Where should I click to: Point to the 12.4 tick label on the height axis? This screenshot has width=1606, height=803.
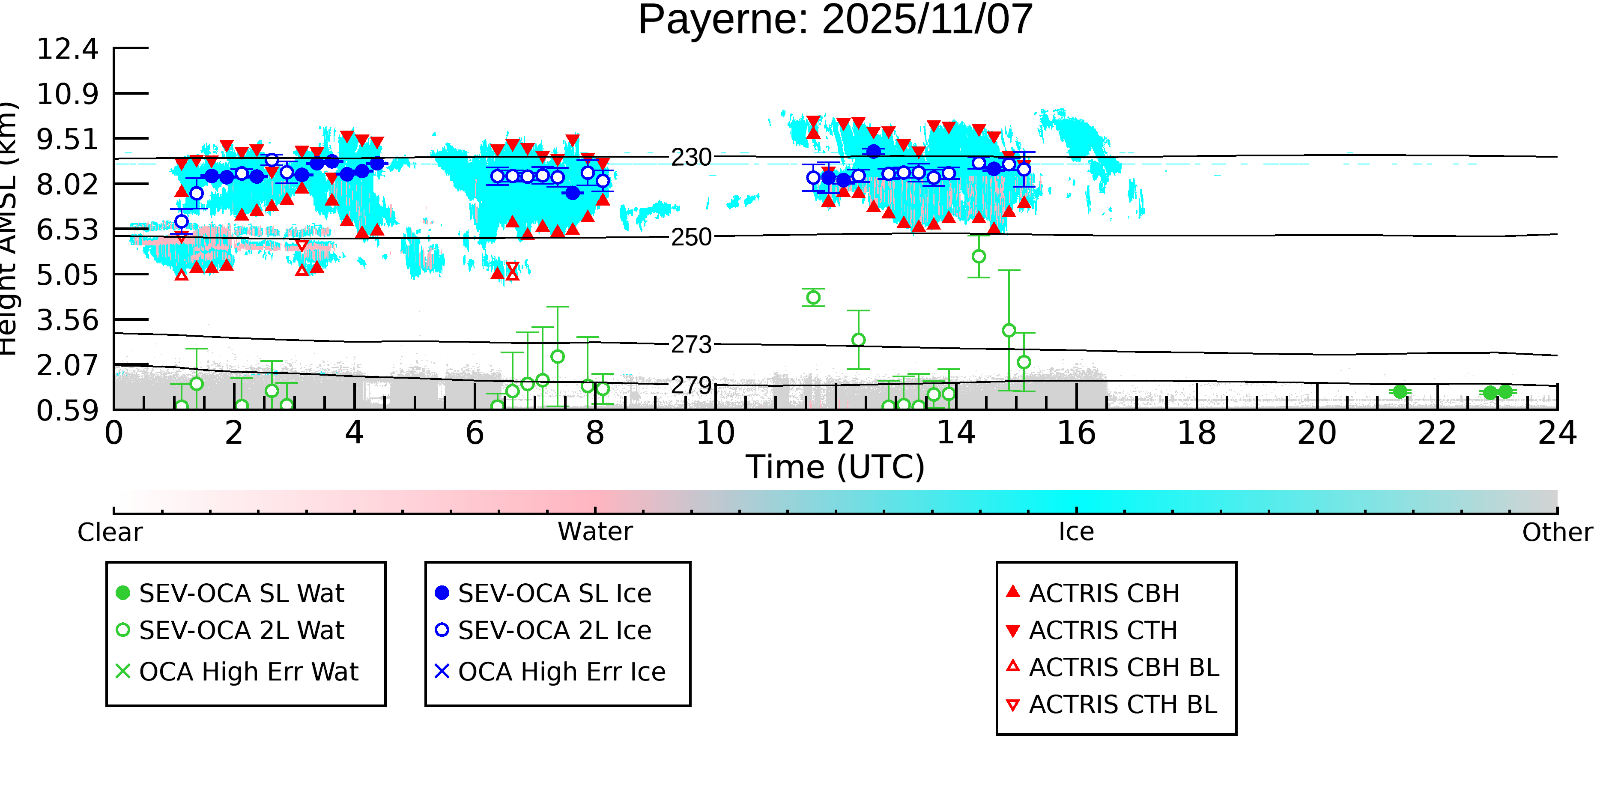(67, 49)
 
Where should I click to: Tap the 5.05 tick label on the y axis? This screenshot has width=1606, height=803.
(67, 275)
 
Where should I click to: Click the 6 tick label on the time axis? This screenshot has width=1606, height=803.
(475, 433)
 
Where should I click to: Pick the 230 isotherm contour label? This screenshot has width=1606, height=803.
(691, 158)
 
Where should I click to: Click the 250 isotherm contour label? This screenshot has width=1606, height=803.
(691, 238)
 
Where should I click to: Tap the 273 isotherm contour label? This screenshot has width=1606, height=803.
(691, 344)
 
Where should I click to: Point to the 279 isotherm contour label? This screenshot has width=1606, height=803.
(691, 385)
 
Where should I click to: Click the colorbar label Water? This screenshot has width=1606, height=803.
(595, 532)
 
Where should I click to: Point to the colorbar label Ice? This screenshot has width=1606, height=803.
(1076, 532)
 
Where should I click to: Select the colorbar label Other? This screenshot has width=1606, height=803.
(1557, 532)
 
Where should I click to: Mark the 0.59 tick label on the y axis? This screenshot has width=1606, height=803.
(67, 411)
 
